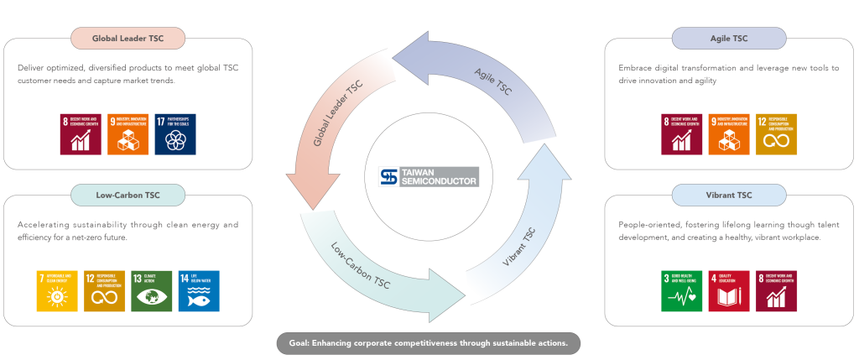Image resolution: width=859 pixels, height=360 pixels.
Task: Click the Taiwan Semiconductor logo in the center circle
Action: pyautogui.click(x=429, y=176)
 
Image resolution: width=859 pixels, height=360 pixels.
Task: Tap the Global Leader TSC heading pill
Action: pyautogui.click(x=128, y=38)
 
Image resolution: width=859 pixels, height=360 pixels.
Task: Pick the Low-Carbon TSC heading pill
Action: pyautogui.click(x=128, y=195)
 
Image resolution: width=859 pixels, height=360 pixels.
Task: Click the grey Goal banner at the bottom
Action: pyautogui.click(x=429, y=343)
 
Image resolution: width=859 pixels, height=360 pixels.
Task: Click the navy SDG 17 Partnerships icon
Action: pyautogui.click(x=175, y=134)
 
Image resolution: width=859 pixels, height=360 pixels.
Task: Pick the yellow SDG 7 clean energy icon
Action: pyautogui.click(x=56, y=291)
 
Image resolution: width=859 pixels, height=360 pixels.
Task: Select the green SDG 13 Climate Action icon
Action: pyautogui.click(x=152, y=291)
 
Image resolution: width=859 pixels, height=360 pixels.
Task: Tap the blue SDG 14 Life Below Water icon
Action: pyautogui.click(x=199, y=291)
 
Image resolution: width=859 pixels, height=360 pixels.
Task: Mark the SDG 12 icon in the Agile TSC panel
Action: pyautogui.click(x=776, y=134)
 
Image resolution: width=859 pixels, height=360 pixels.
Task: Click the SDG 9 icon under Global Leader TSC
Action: pyautogui.click(x=128, y=134)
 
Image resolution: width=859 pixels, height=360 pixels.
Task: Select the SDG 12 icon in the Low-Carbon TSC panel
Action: pyautogui.click(x=104, y=291)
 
